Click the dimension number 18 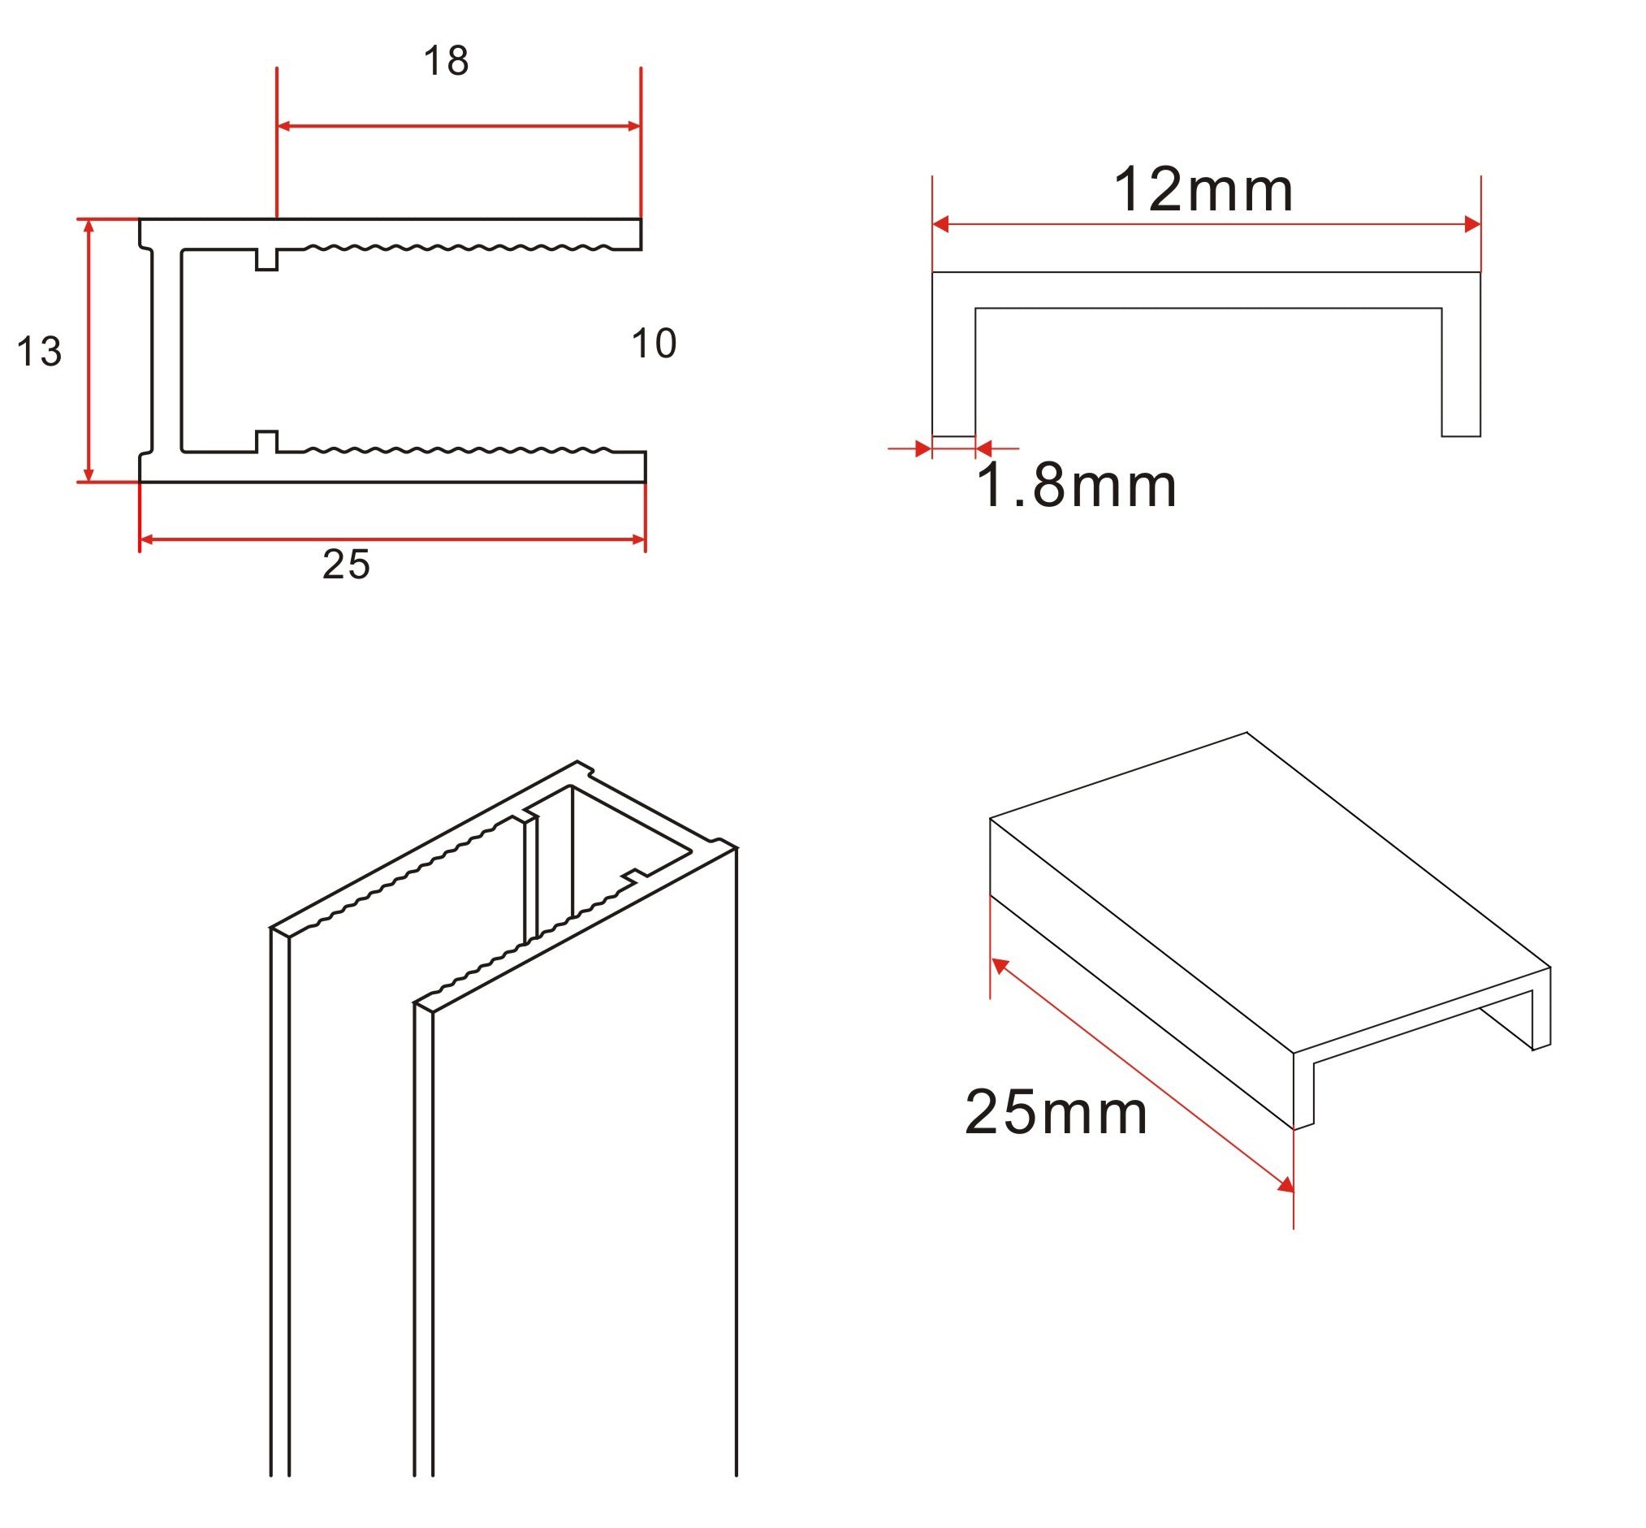coord(446,61)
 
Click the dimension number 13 coord(39,353)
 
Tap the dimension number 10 coord(653,344)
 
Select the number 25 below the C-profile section coord(346,565)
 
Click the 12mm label coord(1203,190)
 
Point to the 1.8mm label coord(1076,486)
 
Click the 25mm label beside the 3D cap coord(1056,1113)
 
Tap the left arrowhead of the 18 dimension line coord(283,127)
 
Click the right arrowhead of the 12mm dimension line coord(1471,224)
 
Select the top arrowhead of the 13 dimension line coord(89,226)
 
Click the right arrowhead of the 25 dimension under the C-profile coord(638,540)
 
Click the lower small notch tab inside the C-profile coord(266,442)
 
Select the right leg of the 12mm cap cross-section coord(1461,372)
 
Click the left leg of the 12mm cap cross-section coord(953,372)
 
